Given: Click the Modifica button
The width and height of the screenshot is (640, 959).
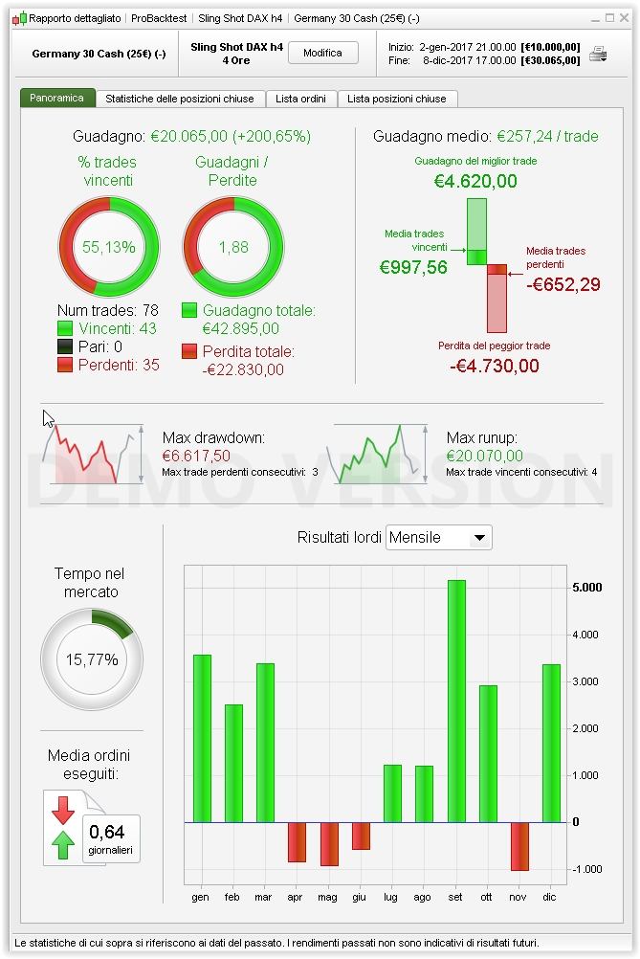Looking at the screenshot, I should tap(322, 54).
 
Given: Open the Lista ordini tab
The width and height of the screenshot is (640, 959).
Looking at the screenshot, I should tap(299, 99).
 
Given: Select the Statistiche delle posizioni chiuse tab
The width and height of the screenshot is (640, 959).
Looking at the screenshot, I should tap(179, 99).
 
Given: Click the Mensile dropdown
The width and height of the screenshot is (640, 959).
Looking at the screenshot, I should tap(438, 538).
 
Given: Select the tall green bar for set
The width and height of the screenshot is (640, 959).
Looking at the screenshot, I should tap(456, 701).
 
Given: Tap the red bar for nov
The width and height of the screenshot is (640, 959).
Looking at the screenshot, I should tap(519, 846).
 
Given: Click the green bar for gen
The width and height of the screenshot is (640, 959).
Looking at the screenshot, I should tap(202, 738).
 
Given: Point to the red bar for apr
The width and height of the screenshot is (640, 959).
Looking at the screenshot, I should tap(297, 842).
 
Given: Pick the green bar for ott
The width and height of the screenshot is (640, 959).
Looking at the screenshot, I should tap(488, 753).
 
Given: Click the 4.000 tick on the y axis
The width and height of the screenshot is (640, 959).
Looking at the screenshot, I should tap(585, 635).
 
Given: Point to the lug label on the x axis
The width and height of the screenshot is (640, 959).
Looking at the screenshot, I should tap(392, 898).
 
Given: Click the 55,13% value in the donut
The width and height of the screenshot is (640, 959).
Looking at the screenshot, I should tap(109, 247).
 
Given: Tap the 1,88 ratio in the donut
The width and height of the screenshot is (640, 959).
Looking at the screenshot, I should tap(233, 247).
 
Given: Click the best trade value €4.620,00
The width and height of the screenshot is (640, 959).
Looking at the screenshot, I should tap(475, 181).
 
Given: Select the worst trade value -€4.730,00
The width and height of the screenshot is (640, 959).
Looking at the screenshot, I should tap(494, 366).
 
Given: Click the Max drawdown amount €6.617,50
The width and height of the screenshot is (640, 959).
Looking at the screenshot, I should tap(196, 457).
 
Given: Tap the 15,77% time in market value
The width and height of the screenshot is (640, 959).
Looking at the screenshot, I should tap(92, 659).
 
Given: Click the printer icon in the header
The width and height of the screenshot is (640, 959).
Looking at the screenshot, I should tap(598, 54).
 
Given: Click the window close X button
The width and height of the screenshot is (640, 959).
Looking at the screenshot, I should tap(627, 18).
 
